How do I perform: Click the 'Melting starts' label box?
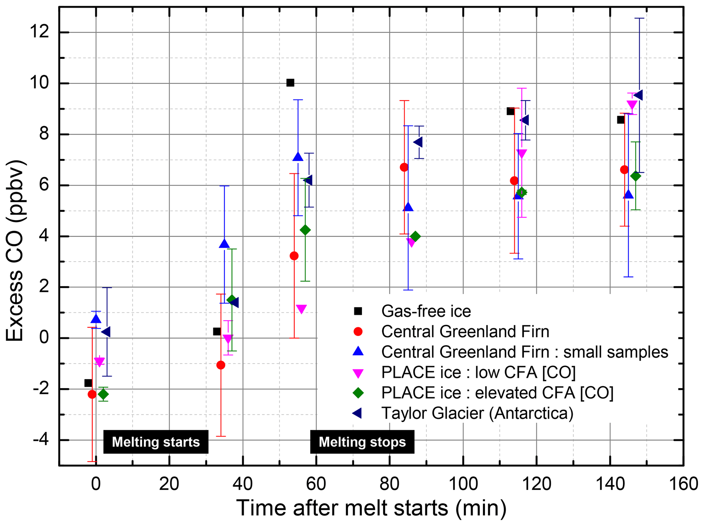(x=156, y=442)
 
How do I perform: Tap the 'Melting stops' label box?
(x=362, y=442)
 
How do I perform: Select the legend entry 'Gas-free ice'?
(x=426, y=311)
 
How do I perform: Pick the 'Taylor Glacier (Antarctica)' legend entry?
(x=477, y=413)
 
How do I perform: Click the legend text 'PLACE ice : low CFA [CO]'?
(x=478, y=372)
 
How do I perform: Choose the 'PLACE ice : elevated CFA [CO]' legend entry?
(x=497, y=393)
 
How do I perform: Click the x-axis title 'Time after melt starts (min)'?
(x=371, y=508)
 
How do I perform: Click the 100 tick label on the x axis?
(x=463, y=483)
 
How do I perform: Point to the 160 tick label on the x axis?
(x=683, y=483)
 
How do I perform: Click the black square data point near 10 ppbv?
(x=290, y=83)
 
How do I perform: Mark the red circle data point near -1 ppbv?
(x=221, y=365)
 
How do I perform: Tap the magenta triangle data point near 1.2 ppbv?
(x=301, y=309)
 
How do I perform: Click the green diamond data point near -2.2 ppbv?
(x=103, y=394)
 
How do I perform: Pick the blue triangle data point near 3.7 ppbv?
(x=224, y=244)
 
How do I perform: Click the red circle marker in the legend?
(x=358, y=331)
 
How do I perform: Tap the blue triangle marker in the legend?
(x=358, y=351)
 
